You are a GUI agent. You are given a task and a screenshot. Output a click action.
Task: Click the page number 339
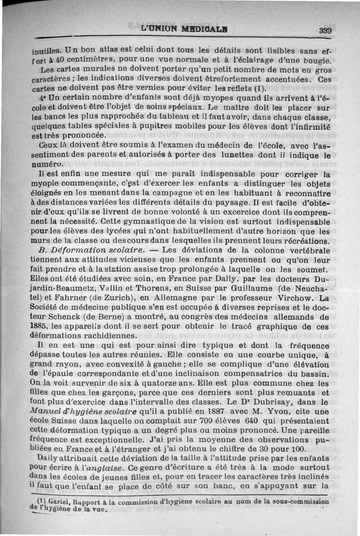(x=325, y=31)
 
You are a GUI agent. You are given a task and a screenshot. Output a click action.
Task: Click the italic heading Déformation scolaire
(x=98, y=250)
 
